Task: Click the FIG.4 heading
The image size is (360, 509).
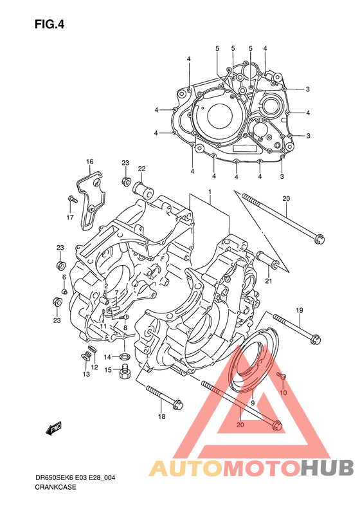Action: pos(50,24)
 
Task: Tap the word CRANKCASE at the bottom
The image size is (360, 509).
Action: pos(55,487)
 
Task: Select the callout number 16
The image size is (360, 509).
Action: pos(89,162)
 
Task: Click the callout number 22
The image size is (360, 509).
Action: pos(141,169)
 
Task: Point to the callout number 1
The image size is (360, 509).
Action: pos(210,192)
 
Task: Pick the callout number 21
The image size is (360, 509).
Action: pos(269,281)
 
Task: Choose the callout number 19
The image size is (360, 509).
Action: pos(299,310)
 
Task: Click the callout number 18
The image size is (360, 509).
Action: pos(161,416)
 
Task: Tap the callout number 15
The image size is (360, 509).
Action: pos(107,370)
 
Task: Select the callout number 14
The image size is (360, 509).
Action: pos(107,357)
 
